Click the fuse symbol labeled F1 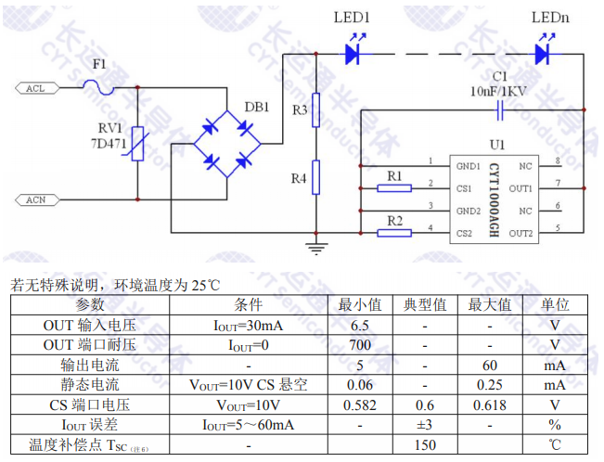pos(99,88)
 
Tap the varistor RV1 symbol pos(137,144)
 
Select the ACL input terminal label pos(35,88)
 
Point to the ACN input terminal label pos(35,199)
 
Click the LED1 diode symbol pos(353,55)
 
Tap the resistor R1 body pos(395,188)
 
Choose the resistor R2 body pos(395,232)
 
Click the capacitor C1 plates pos(501,111)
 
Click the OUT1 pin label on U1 pos(520,188)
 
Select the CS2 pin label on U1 pos(467,232)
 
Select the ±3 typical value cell pos(425,425)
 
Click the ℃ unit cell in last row pos(555,445)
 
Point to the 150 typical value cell pos(425,445)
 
